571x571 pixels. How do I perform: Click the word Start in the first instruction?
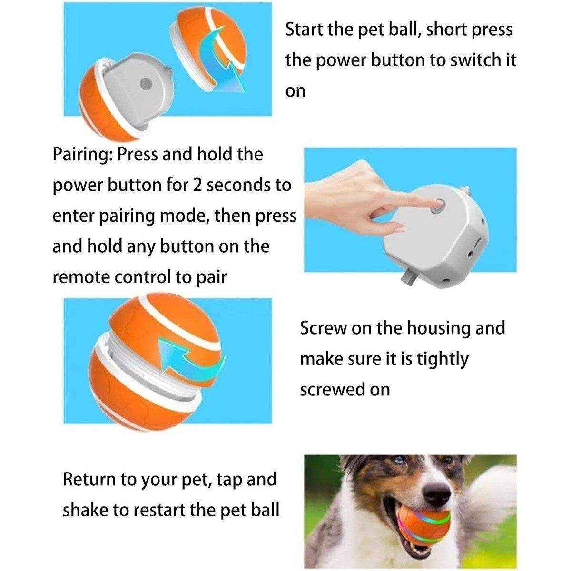(305, 30)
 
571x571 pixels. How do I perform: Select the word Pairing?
(81, 155)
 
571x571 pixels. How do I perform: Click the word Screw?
(323, 328)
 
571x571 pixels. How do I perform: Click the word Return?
(89, 479)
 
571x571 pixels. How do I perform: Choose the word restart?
(157, 510)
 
